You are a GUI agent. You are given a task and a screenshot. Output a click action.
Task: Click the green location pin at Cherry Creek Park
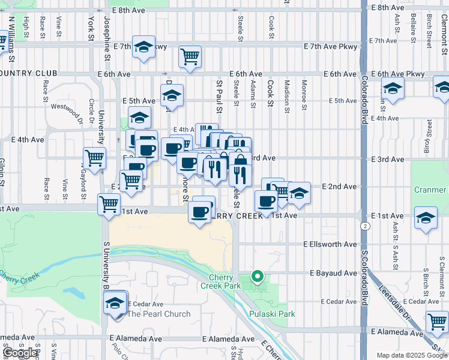[258, 277]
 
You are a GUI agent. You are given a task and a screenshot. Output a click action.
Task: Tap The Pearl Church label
[159, 314]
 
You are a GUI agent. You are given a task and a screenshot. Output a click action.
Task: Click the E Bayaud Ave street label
[334, 273]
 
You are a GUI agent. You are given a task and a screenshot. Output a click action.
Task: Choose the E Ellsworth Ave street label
[330, 245]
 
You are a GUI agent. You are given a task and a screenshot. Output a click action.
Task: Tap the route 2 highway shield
[365, 226]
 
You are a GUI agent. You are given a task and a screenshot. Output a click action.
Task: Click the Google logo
[20, 353]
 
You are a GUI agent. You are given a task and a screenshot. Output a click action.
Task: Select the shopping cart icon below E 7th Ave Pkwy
[190, 57]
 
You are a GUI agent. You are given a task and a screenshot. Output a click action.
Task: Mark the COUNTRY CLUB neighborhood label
[29, 73]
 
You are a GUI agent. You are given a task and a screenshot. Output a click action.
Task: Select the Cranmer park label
[430, 190]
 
